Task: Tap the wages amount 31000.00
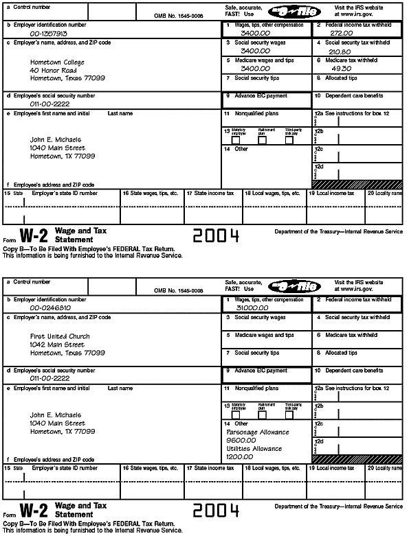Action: coord(252,308)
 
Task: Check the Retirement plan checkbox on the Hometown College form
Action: coord(262,140)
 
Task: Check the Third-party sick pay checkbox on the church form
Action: coord(289,415)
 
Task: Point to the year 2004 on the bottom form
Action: coord(216,511)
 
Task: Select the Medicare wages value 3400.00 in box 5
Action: coord(255,68)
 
